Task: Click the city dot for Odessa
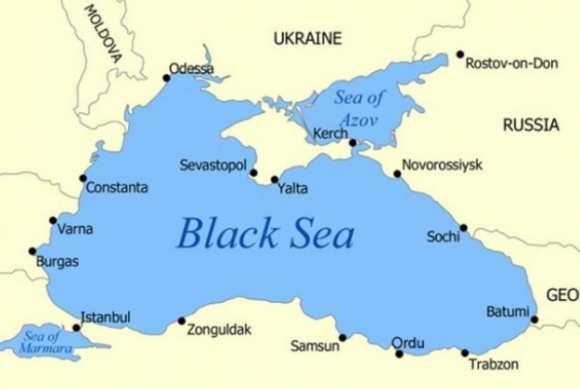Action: point(166,77)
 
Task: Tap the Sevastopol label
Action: point(213,164)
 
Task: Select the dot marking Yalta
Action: point(274,180)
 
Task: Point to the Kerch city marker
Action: point(352,143)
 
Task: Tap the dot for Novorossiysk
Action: point(397,174)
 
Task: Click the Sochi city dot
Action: point(463,227)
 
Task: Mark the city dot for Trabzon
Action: point(464,352)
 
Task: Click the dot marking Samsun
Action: point(342,337)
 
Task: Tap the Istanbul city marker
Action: point(76,327)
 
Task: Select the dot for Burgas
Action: point(32,251)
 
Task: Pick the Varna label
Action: point(76,229)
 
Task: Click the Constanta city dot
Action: point(83,179)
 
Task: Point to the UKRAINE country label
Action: point(307,39)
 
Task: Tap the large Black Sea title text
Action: point(265,233)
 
